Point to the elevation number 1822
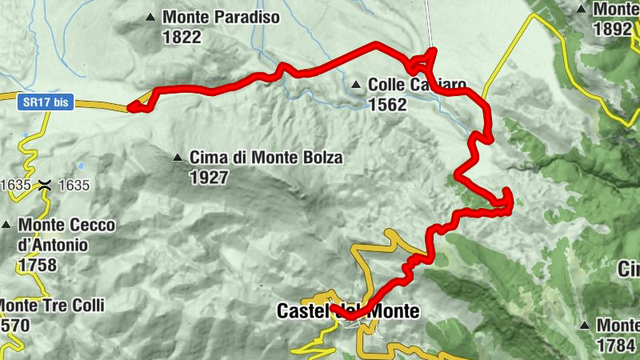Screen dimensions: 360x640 coord(181,36)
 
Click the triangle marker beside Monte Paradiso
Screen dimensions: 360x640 coord(150,17)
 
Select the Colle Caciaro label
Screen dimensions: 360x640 coord(417,84)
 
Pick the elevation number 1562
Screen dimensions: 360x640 coord(388,104)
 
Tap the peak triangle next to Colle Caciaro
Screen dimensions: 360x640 coord(355,84)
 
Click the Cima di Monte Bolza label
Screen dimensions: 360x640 coord(266,158)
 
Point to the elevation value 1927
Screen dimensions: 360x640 coord(209,178)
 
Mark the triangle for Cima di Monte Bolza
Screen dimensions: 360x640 coord(178,158)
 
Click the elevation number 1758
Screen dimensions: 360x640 coord(38,264)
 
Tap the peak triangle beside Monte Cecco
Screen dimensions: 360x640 coord(6,226)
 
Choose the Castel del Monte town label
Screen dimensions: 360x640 coord(347,311)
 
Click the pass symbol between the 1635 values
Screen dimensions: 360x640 coord(47,185)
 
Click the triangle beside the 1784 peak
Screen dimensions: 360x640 coord(586,326)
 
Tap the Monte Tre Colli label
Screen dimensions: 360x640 coord(52,306)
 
